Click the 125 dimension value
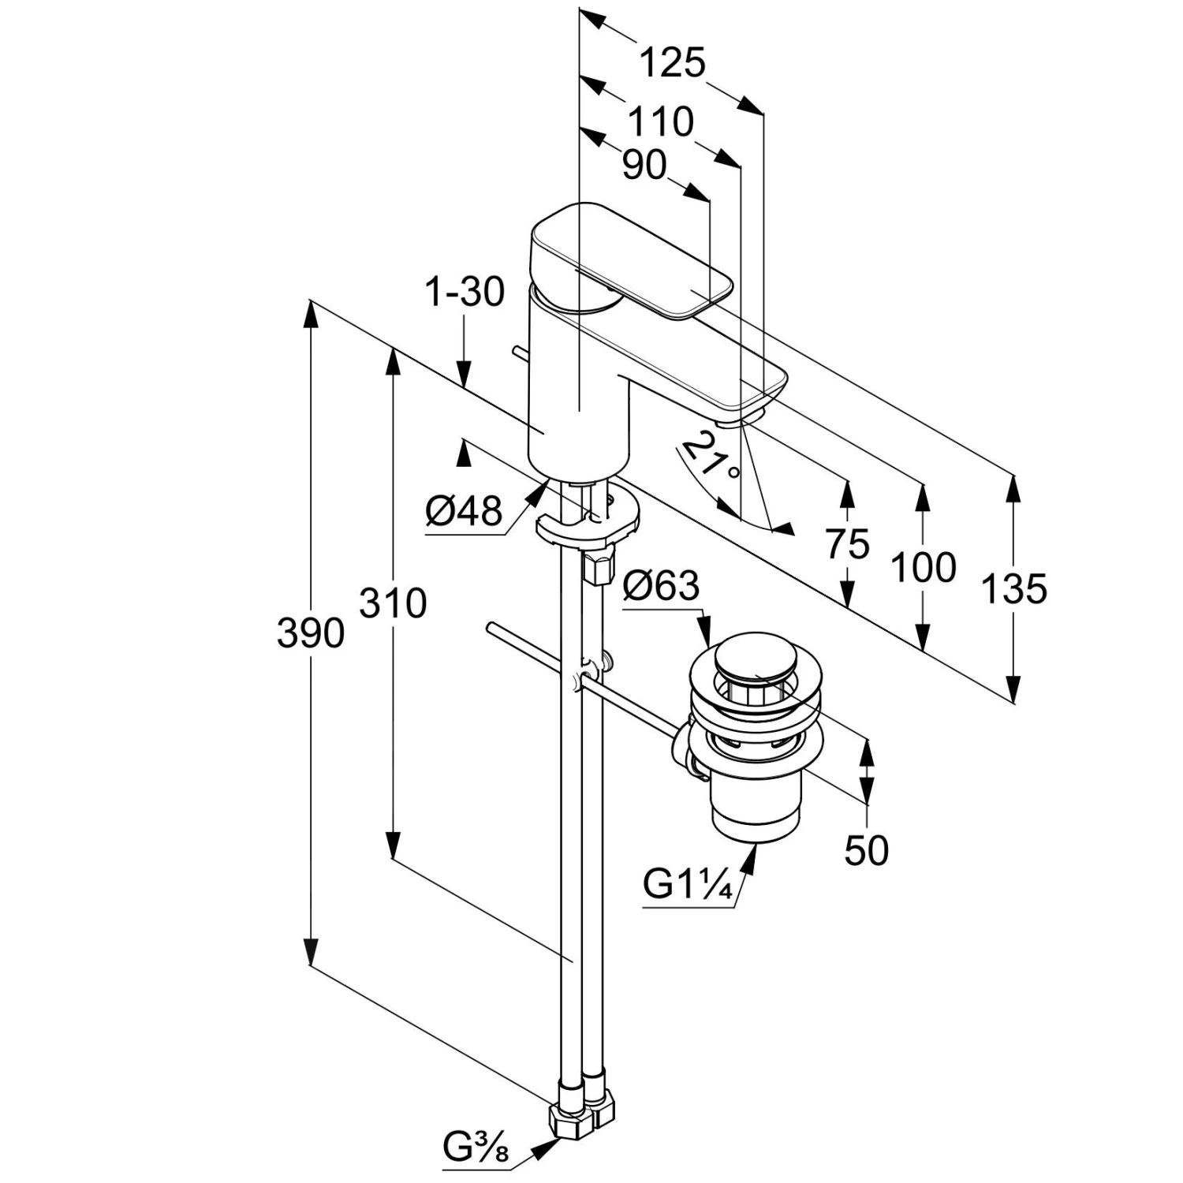[671, 63]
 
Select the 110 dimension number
[661, 122]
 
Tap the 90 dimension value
[644, 166]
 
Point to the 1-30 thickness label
[465, 293]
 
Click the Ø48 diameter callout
[464, 512]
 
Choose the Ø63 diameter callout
[661, 586]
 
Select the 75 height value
[848, 544]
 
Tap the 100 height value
[923, 567]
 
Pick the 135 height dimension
[1014, 588]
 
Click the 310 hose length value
[393, 603]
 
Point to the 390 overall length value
[311, 633]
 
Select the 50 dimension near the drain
[866, 849]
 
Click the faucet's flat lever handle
[631, 260]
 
